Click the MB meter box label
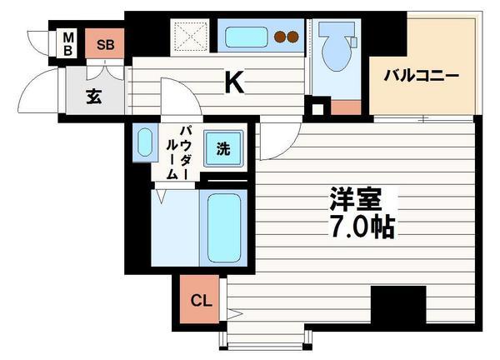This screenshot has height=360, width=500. (x=69, y=43)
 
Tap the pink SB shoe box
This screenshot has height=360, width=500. (x=106, y=44)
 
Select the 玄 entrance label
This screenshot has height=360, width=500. (x=92, y=96)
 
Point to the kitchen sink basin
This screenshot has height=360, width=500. (x=246, y=37)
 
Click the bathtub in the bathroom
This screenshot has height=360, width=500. (x=222, y=229)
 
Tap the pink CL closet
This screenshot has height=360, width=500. (x=200, y=300)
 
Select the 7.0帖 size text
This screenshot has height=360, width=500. (x=359, y=227)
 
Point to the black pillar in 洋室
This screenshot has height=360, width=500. (x=398, y=303)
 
